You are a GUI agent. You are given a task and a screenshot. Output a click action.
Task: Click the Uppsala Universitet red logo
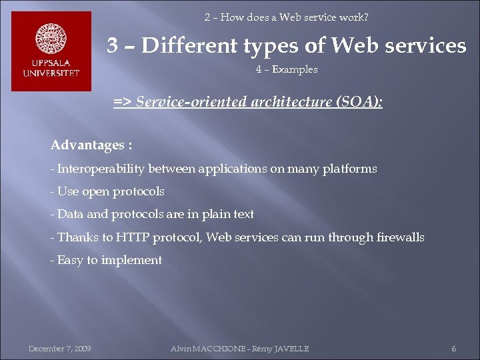51,51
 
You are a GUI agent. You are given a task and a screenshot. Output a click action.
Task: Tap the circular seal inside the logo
51,40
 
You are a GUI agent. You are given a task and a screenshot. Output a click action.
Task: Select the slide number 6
454,349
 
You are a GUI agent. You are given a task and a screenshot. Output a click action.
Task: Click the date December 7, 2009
59,349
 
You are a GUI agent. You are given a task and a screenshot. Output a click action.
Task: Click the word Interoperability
101,169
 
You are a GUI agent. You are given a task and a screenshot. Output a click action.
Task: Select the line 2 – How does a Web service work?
286,17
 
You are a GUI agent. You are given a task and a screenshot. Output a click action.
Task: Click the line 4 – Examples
286,69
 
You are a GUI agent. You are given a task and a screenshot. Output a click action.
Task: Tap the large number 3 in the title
114,45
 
